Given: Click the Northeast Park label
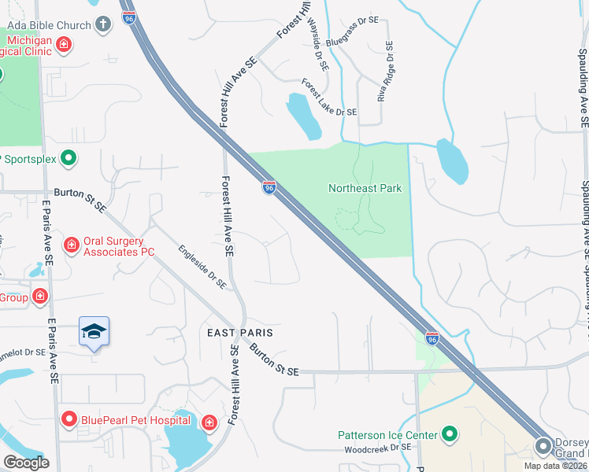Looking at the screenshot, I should point(365,188).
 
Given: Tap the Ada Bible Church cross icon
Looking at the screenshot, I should point(102,24).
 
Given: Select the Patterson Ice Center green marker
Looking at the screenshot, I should point(450,433).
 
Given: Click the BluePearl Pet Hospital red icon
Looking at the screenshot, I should point(69,419).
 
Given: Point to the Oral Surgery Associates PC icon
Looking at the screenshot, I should point(72,245).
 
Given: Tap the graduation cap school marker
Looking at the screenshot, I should point(94,331).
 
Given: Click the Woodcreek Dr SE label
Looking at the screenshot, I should point(378,449).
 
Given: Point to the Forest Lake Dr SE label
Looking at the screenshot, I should point(329,97).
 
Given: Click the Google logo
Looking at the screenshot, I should point(26,463).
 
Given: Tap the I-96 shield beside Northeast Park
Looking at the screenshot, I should point(269,187).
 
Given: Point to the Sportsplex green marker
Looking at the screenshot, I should point(69,158).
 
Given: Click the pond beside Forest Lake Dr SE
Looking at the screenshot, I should point(302,116).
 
